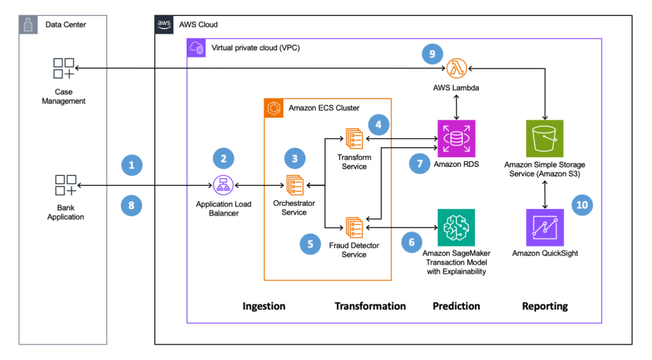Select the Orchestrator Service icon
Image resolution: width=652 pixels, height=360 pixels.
(294, 185)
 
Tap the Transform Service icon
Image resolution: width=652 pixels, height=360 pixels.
(354, 138)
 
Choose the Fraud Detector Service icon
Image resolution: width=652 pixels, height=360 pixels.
(354, 227)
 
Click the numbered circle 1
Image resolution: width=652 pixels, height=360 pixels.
(132, 165)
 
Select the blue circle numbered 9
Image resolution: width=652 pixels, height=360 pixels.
(432, 54)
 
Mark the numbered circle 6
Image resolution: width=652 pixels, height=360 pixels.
(412, 242)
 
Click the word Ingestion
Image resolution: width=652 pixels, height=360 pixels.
(264, 306)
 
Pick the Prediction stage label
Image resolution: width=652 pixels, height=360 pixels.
(456, 306)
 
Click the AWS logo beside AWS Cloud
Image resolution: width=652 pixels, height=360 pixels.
(164, 24)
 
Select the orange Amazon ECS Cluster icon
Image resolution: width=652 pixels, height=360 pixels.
(274, 108)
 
